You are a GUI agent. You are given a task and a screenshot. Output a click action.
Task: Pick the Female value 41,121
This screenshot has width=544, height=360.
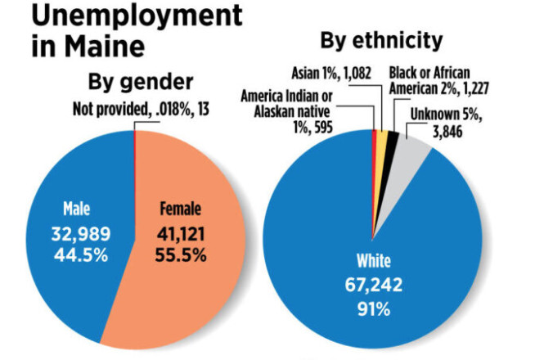point(182,235)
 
